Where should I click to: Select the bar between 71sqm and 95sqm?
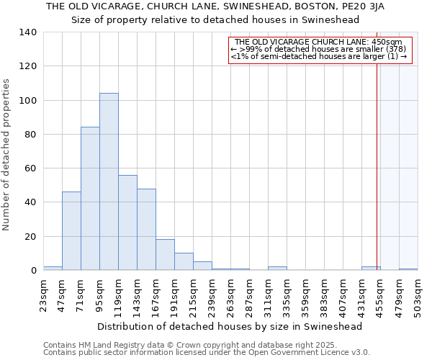(90, 199)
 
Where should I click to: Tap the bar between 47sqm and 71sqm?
(71, 231)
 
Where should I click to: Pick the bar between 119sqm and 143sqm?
(127, 222)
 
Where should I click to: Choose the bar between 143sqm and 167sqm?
(146, 230)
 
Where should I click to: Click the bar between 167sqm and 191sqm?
(165, 255)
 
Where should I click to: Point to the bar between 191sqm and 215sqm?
(184, 262)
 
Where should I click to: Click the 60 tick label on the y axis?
(30, 168)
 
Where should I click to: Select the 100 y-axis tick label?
(27, 100)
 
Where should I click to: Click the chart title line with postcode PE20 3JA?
(215, 6)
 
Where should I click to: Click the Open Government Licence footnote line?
(207, 352)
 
